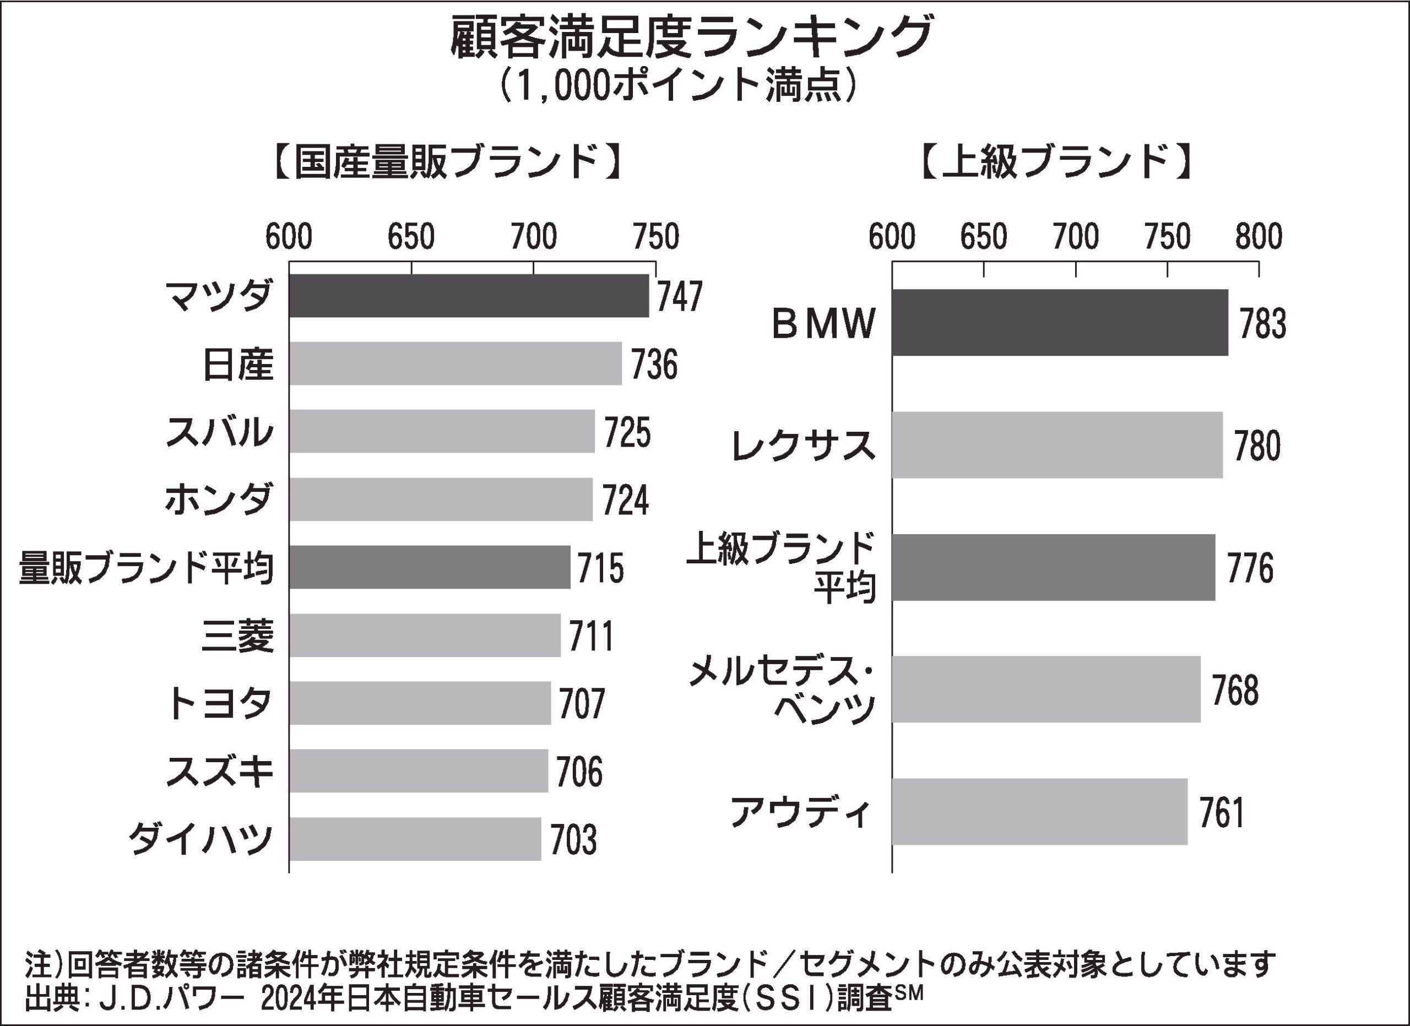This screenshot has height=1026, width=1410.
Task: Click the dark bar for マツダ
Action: [468, 296]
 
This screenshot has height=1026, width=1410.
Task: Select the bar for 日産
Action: [455, 363]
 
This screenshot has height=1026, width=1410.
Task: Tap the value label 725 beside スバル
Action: [627, 432]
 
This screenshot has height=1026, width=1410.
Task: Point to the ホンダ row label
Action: [218, 499]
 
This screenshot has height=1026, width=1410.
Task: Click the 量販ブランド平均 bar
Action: [429, 567]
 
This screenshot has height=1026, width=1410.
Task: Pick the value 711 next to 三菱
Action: [591, 636]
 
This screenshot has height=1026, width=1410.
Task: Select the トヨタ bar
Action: [420, 703]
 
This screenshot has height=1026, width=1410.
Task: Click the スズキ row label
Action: [219, 771]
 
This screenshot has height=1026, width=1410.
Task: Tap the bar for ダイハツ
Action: [415, 839]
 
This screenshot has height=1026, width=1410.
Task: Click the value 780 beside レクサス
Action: [1257, 446]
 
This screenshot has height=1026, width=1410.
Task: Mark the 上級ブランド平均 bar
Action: [1053, 567]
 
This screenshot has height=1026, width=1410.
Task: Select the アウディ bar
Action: [1039, 812]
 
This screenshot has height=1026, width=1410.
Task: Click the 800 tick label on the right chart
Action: [1259, 237]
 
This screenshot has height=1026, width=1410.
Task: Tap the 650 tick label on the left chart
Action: [411, 237]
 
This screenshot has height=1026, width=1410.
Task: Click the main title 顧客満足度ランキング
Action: [691, 39]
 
